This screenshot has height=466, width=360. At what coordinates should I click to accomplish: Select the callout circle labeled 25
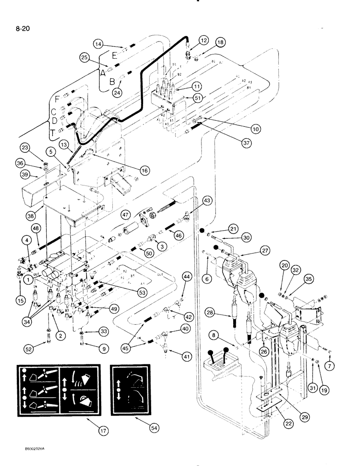(x=84, y=58)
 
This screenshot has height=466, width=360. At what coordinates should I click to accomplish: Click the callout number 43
(x=207, y=200)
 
